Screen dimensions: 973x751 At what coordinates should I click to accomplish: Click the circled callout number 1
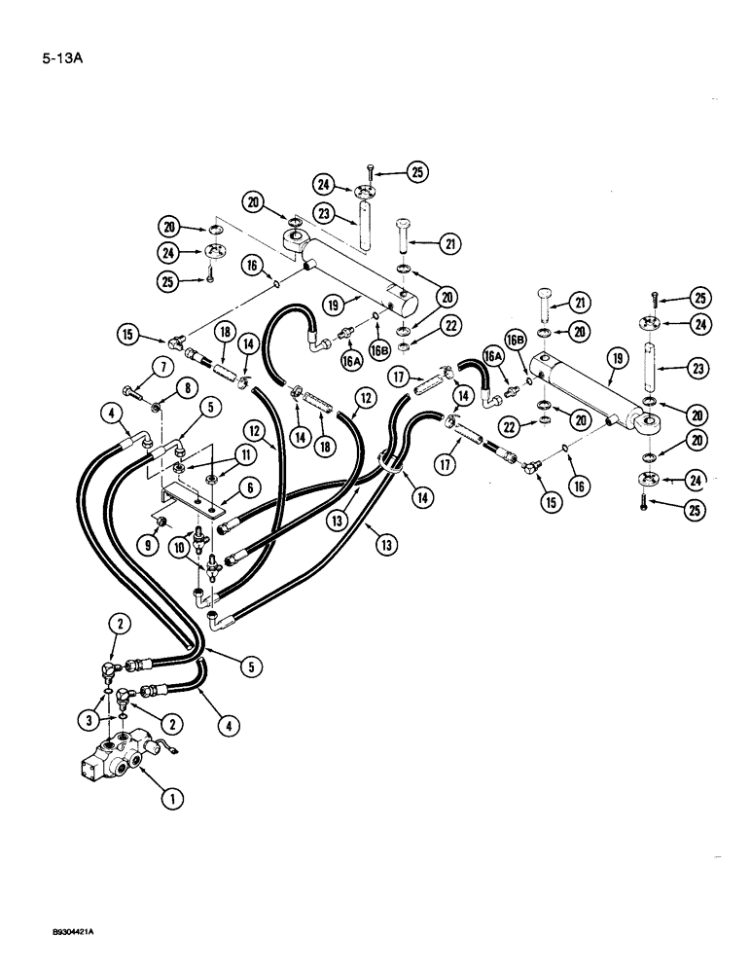tap(171, 801)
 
